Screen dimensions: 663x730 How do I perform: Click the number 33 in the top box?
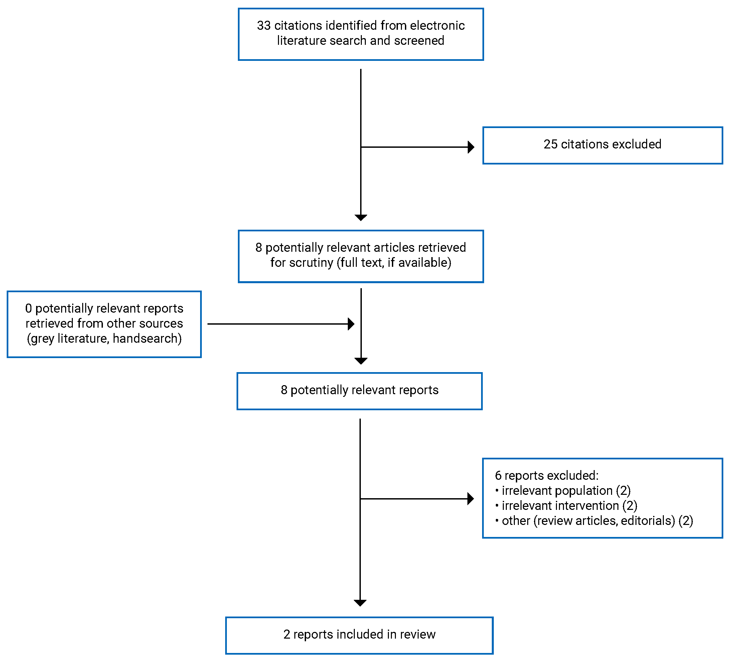pyautogui.click(x=264, y=26)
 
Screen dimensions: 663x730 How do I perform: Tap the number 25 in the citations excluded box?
pyautogui.click(x=550, y=144)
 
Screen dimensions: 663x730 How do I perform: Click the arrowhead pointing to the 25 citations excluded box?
pyautogui.click(x=471, y=147)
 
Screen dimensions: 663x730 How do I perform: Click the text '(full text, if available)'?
pyautogui.click(x=394, y=263)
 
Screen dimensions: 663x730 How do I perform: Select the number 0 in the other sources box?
pyautogui.click(x=29, y=308)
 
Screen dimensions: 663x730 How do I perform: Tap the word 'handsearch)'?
pyautogui.click(x=147, y=338)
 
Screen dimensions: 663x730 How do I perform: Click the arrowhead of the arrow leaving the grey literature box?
pyautogui.click(x=351, y=324)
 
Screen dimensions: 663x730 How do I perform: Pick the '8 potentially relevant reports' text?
pyautogui.click(x=359, y=390)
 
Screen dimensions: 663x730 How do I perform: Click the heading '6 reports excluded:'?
pyautogui.click(x=547, y=475)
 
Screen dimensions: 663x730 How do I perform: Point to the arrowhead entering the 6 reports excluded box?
pyautogui.click(x=471, y=499)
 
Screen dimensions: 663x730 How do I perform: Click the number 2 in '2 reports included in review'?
pyautogui.click(x=287, y=634)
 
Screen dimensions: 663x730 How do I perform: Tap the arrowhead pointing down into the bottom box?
pyautogui.click(x=360, y=603)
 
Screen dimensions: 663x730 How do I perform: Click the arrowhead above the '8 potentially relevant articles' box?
pyautogui.click(x=360, y=217)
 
